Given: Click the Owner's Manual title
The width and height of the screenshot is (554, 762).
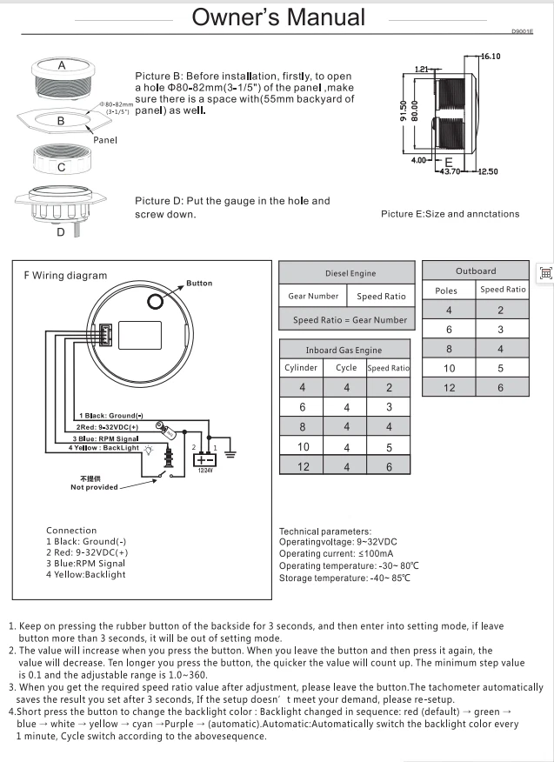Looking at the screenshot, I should click(278, 17).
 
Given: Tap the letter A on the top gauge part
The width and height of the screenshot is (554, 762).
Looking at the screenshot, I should click(62, 66).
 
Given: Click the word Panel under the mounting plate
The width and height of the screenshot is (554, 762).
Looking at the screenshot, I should click(104, 139).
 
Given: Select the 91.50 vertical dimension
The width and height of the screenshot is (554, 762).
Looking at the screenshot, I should click(404, 110).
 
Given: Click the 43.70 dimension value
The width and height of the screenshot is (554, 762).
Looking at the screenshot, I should click(449, 171).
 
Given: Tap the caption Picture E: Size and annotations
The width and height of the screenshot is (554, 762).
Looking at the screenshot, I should click(450, 214).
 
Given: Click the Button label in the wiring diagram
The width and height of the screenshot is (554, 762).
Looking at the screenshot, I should click(199, 284).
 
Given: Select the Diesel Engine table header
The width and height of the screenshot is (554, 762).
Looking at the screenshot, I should click(346, 273).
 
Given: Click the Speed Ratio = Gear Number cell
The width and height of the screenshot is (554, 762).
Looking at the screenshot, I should click(346, 319).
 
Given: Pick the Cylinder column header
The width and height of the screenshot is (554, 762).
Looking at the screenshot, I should click(301, 368).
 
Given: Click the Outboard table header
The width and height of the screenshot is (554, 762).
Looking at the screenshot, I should click(476, 271).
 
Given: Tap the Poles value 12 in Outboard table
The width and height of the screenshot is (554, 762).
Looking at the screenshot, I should click(450, 387).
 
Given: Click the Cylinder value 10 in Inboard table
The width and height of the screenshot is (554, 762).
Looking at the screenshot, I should click(303, 447).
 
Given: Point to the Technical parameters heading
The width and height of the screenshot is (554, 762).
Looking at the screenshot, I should click(325, 531).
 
